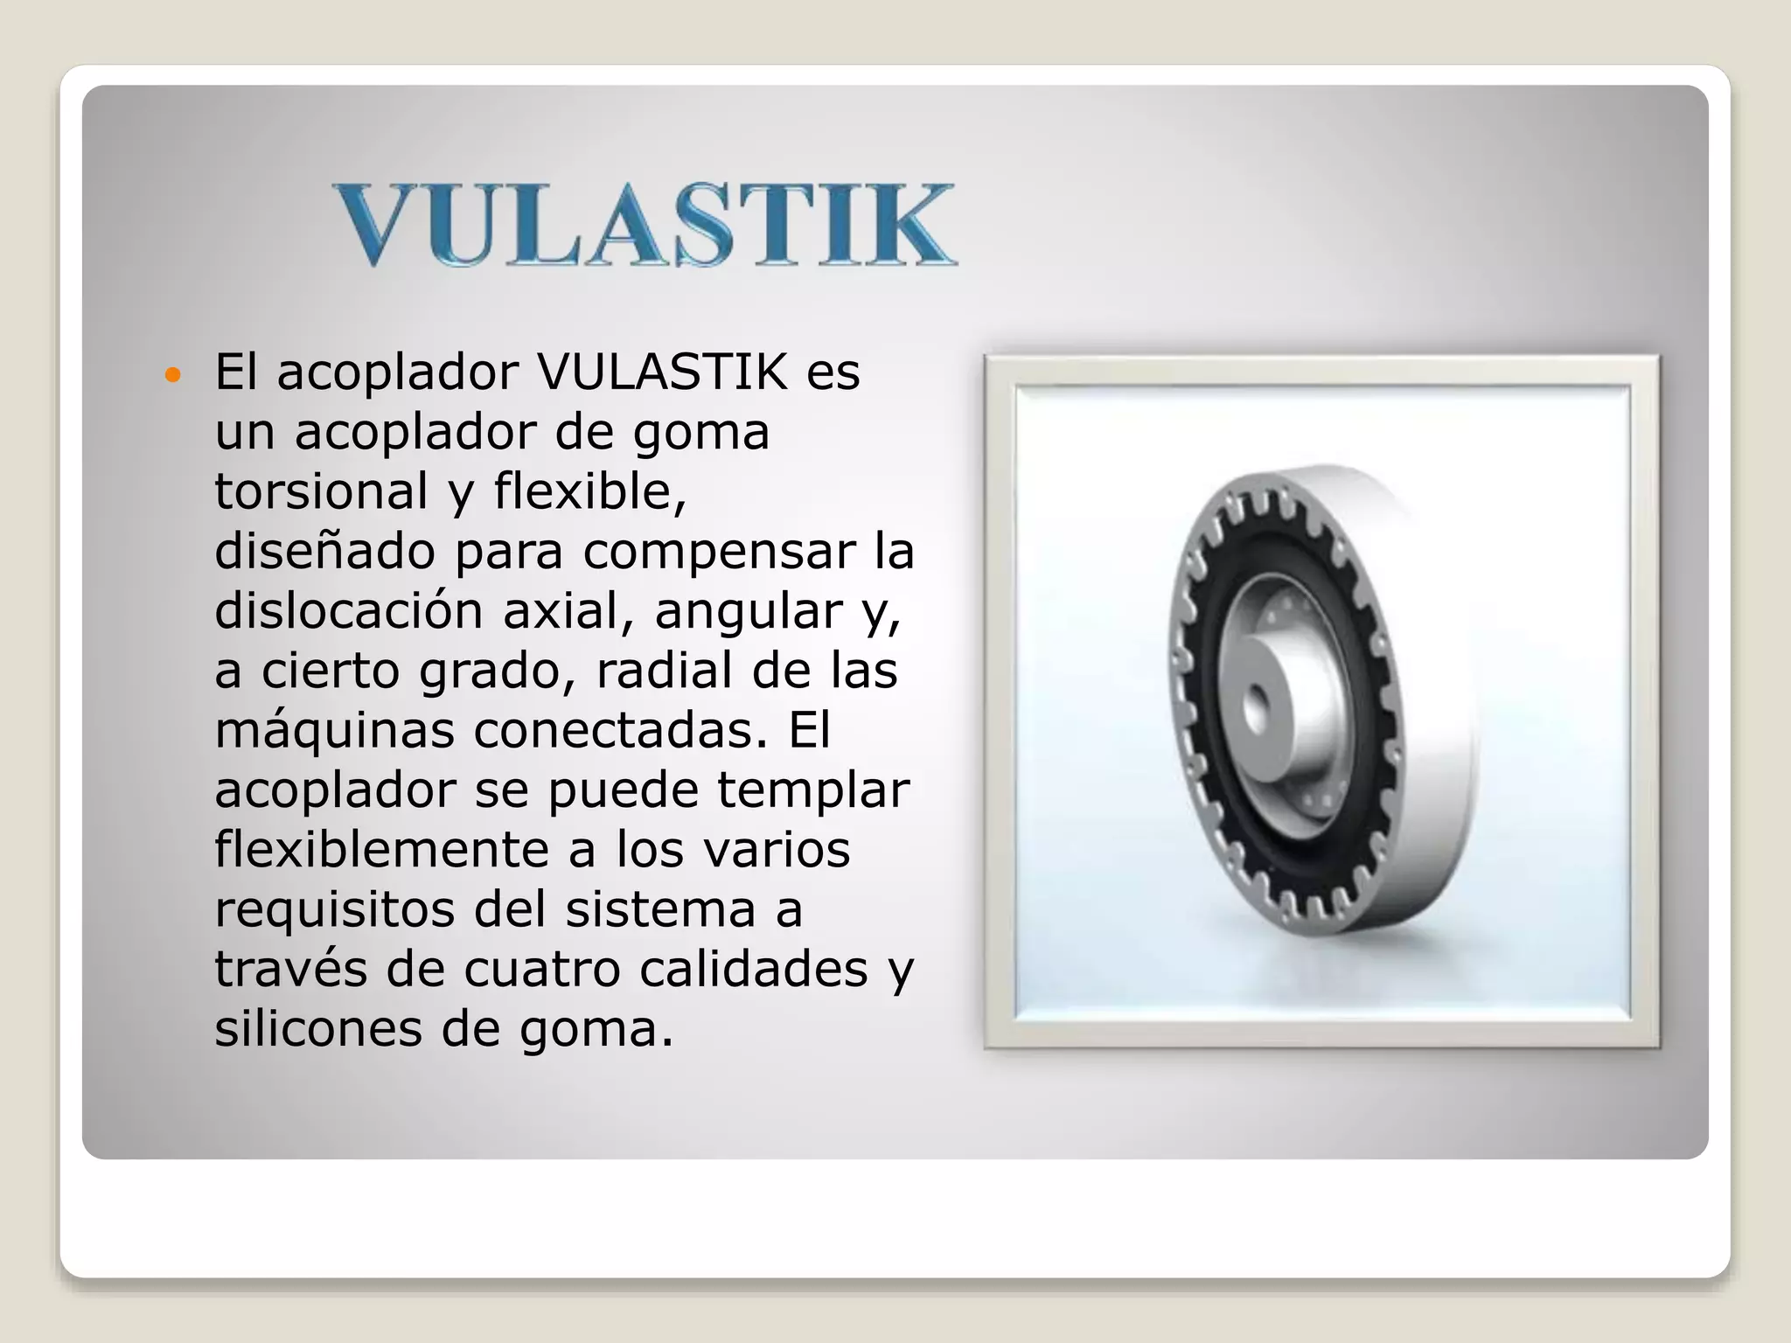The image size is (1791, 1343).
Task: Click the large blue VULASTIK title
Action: click(645, 225)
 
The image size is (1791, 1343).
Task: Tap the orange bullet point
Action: click(172, 376)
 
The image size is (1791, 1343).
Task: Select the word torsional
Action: click(321, 491)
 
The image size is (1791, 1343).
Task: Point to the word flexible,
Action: click(590, 491)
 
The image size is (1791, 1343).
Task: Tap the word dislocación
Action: click(348, 610)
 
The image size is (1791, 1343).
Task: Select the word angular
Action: click(748, 612)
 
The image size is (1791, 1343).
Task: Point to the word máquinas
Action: click(334, 731)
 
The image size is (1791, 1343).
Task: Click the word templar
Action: click(813, 791)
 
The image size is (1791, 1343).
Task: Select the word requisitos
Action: click(334, 910)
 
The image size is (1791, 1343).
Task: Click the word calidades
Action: click(753, 970)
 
